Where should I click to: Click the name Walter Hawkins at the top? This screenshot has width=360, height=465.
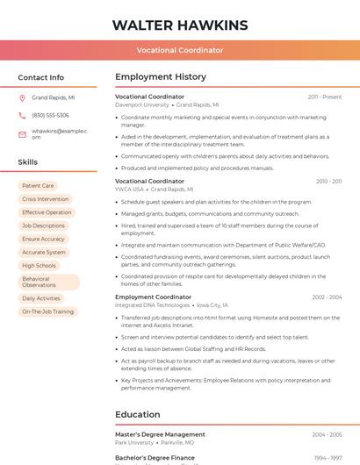click(x=180, y=25)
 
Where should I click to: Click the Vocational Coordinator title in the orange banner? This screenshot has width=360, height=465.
click(x=180, y=51)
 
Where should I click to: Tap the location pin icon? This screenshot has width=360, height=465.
click(x=22, y=98)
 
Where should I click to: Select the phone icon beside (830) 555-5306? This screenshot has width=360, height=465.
click(x=22, y=116)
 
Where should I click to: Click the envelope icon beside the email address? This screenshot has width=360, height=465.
click(x=22, y=134)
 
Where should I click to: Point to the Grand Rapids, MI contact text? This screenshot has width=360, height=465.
click(x=53, y=98)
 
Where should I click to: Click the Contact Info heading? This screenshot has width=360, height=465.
click(x=40, y=77)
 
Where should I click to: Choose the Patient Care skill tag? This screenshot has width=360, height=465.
click(x=38, y=186)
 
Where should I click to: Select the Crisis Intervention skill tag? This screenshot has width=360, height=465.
click(x=45, y=199)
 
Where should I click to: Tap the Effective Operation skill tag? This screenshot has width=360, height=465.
click(x=47, y=212)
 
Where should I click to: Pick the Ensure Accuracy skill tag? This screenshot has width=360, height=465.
click(x=43, y=239)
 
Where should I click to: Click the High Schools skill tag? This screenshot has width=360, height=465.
click(x=39, y=266)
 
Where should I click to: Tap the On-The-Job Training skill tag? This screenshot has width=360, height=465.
click(x=47, y=311)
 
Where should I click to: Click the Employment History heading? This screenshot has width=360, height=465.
click(x=161, y=77)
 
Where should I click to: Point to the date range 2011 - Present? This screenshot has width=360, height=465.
click(x=325, y=97)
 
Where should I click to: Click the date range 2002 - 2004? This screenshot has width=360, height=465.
click(x=327, y=297)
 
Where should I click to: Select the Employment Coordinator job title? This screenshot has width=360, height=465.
click(x=153, y=297)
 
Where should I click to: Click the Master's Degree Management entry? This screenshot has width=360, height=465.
click(x=160, y=434)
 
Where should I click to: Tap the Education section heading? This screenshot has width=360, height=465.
click(x=139, y=414)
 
